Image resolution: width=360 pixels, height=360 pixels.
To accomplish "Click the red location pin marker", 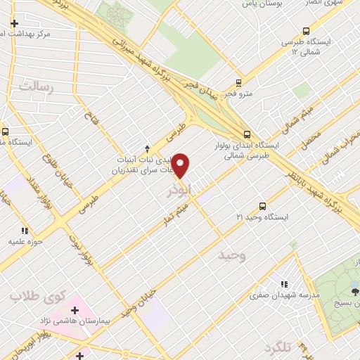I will tap(181, 165).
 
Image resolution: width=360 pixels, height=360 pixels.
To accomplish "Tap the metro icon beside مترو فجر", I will tap(239, 82).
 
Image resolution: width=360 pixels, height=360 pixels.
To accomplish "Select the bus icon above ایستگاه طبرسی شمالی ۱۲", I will tap(305, 30).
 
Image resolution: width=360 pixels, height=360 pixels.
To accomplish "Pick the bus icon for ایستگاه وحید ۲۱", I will tap(262, 206).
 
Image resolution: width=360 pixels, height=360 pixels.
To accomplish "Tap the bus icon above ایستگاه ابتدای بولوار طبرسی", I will tap(246, 134).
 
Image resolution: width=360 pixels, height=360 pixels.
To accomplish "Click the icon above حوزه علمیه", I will tap(25, 231).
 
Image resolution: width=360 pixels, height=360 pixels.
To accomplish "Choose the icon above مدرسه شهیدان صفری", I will tap(283, 284).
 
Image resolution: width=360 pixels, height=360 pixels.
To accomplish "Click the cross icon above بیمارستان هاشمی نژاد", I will tap(75, 310).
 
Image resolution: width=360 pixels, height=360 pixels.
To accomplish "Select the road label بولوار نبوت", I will tap(81, 251).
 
